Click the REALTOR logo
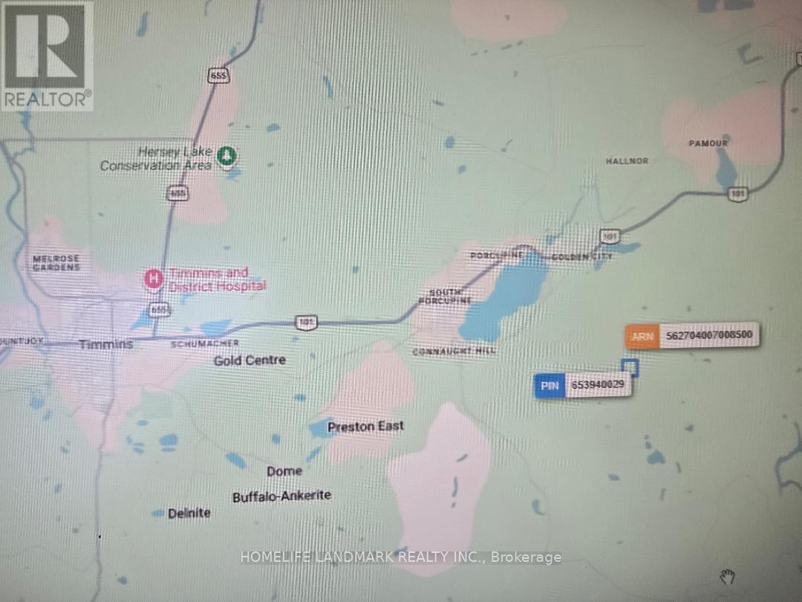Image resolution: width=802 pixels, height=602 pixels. coord(47,55)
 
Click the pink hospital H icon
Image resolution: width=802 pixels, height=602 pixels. coord(153,279)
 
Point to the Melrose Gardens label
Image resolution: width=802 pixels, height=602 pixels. coord(56,262)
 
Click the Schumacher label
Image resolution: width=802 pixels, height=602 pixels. coord(205,343)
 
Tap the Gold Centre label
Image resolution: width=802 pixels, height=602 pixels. coord(250,360)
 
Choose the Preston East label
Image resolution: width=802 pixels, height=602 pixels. coord(366,426)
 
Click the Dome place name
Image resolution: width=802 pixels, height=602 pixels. coord(284,470)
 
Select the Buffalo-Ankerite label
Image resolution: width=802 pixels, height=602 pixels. coord(281,496)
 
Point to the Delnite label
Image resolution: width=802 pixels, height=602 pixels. coord(189,513)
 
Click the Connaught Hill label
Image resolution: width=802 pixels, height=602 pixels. coord(454,351)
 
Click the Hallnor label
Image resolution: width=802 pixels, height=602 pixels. coord(627,161)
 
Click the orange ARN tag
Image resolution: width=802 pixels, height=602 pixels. coord(642,336)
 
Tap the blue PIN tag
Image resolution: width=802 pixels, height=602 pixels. coord(550,386)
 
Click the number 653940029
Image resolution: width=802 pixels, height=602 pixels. coord(598,386)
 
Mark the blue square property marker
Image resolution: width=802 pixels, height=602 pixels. coord(630,367)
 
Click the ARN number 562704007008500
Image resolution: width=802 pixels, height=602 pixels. coord(710,336)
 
